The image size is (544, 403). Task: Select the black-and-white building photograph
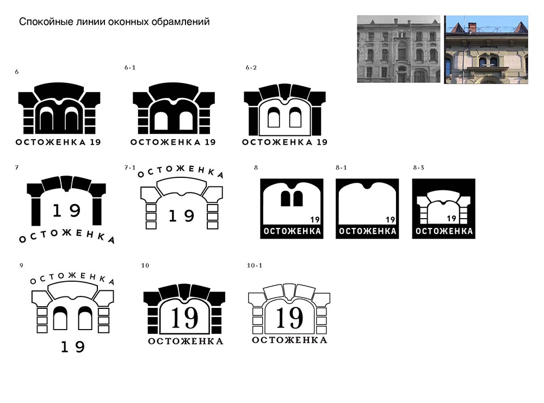(399, 49)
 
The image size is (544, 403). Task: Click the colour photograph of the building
(486, 49)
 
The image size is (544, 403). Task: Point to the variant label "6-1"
(130, 67)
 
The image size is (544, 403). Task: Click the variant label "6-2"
(251, 67)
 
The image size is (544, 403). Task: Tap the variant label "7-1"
(130, 168)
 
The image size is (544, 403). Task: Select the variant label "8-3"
(418, 168)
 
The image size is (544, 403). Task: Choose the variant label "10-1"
(255, 265)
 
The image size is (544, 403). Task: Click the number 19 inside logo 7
(66, 210)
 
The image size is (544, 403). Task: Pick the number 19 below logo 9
(73, 346)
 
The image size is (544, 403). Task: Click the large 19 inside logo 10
(185, 318)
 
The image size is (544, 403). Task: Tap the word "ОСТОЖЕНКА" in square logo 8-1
(367, 231)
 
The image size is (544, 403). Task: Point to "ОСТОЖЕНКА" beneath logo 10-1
(289, 340)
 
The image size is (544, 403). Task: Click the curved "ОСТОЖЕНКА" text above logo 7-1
(181, 171)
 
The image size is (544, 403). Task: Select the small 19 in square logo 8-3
(452, 219)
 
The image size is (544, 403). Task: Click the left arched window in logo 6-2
(274, 117)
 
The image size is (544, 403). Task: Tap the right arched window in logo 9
(85, 318)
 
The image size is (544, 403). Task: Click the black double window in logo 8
(292, 199)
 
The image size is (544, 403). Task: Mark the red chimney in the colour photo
(472, 27)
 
